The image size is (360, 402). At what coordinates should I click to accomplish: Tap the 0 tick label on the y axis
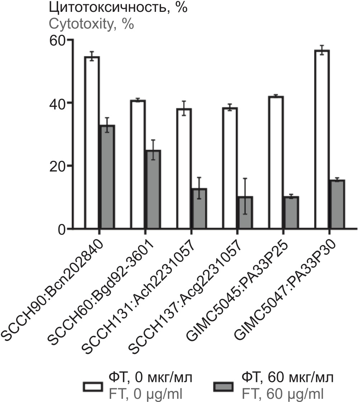(63, 229)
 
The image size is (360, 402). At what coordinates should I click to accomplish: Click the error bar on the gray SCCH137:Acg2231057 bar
(245, 196)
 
